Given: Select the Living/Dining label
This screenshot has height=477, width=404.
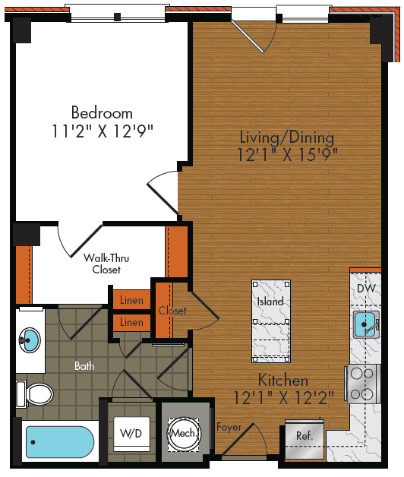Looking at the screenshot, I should pos(286,137).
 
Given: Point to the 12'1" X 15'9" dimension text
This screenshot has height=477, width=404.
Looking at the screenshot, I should pos(286,155).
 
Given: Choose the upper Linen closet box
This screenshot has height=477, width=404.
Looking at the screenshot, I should pos(131,301).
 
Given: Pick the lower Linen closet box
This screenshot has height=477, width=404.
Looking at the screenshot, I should pos(131,323).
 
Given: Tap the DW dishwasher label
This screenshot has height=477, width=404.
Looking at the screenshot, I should pos(365,289).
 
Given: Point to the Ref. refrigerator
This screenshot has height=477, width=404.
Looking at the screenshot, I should pos(304,438).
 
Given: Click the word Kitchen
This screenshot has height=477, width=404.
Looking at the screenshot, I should pos(282,381).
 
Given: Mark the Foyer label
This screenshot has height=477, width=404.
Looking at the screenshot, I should pos(229,428).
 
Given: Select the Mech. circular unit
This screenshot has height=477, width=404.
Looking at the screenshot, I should pos(185,433).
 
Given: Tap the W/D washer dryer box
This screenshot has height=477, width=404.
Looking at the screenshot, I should pos(130,434).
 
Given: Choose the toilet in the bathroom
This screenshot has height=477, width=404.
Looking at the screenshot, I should pos(36,394).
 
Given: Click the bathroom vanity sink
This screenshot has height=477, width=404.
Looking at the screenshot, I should pos(30,338).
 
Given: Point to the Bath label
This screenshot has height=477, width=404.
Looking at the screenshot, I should pos(85,366).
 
